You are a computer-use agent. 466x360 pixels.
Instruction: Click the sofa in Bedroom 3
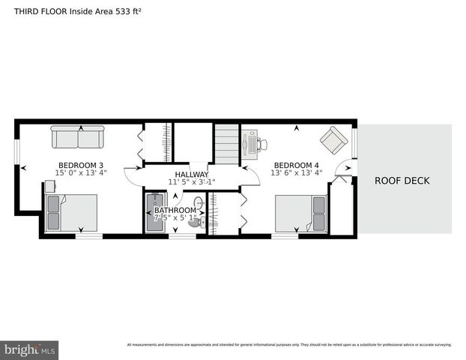click(x=78, y=137)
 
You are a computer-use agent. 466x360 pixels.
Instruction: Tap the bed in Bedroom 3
click(x=71, y=213)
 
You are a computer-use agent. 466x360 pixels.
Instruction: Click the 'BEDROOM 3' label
click(x=80, y=165)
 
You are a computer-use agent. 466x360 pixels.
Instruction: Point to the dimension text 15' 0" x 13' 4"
click(x=80, y=173)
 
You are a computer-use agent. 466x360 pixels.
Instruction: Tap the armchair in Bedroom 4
click(x=333, y=139)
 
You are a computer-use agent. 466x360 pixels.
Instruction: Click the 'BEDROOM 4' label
click(x=296, y=165)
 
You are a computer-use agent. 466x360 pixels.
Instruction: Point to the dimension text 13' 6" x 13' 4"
click(x=296, y=173)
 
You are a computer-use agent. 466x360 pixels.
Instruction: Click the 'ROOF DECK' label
click(x=402, y=181)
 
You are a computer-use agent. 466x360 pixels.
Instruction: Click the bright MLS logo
click(x=30, y=349)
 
